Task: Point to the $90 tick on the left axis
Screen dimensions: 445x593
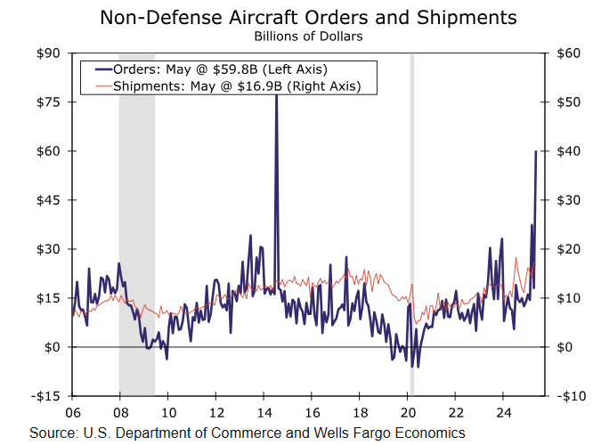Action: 47,53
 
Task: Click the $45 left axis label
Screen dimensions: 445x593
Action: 47,200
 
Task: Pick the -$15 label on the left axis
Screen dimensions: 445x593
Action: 45,396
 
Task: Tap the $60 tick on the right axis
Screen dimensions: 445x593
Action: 569,53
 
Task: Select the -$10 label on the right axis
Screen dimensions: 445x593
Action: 567,396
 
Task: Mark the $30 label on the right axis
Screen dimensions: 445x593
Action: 569,200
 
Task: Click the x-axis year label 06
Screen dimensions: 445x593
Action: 72,413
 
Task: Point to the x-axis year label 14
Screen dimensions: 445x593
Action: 264,413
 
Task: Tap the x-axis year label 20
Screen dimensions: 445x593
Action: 407,413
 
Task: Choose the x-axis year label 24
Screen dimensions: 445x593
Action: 503,413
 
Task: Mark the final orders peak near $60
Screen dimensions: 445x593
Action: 535,152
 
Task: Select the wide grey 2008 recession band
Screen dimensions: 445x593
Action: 136,222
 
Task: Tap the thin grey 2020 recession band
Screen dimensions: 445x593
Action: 411,222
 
